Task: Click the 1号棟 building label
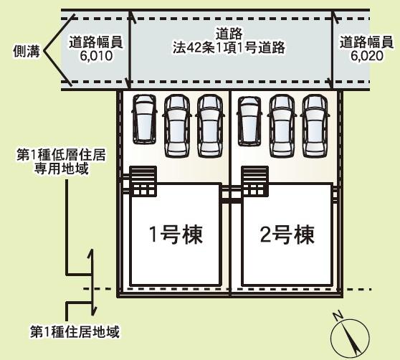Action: click(x=176, y=235)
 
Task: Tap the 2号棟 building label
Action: click(x=287, y=235)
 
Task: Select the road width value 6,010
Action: click(x=96, y=56)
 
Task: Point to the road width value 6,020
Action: click(x=367, y=56)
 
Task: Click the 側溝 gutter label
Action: click(x=27, y=51)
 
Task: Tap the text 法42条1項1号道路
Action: click(x=229, y=48)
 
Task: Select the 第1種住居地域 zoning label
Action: click(x=75, y=332)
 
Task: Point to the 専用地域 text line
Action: click(x=62, y=169)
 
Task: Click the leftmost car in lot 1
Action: click(x=144, y=120)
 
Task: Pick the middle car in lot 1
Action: click(x=177, y=125)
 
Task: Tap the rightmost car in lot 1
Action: click(x=210, y=125)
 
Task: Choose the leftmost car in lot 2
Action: click(x=249, y=121)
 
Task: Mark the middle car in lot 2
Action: click(x=282, y=125)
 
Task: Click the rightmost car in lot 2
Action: click(x=315, y=125)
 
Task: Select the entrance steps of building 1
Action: click(x=143, y=181)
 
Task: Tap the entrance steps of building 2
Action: click(x=255, y=181)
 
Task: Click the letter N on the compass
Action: click(x=338, y=316)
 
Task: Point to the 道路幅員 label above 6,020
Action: click(x=366, y=43)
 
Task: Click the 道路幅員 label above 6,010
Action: click(x=96, y=43)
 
